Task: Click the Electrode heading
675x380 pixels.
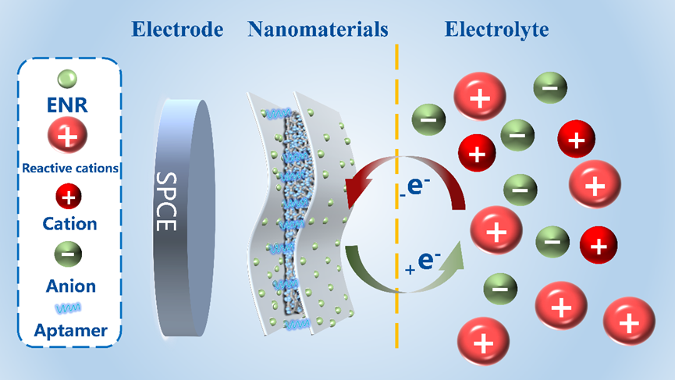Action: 177,30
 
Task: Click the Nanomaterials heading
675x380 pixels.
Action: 318,30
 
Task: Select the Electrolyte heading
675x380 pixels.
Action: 496,30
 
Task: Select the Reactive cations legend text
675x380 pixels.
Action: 70,167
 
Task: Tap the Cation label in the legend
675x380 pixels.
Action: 69,223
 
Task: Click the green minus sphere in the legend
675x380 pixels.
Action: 69,255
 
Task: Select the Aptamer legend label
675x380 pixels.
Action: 70,330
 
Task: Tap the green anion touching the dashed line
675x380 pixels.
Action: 427,120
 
